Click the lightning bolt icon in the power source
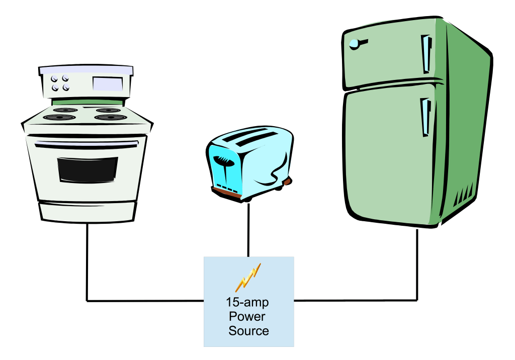pos(249,277)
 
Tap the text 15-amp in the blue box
pos(247,303)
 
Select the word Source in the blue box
pos(248,331)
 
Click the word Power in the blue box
pos(247,317)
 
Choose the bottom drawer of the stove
pos(87,211)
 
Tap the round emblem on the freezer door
pos(355,44)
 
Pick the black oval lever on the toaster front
pos(222,161)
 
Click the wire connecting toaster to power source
pos(248,229)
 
